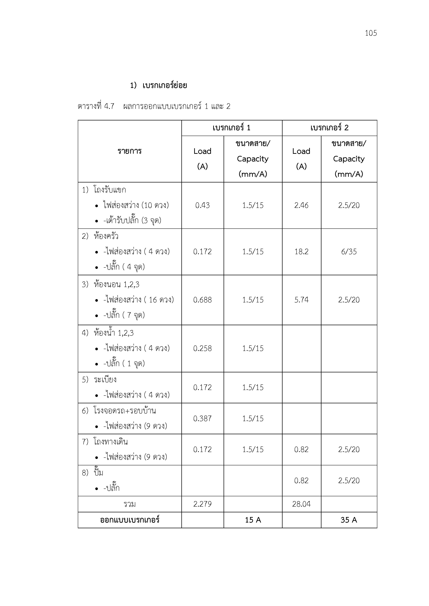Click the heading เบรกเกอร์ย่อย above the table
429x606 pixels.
(x=165, y=86)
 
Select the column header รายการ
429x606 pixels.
(x=130, y=151)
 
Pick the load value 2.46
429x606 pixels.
(x=301, y=205)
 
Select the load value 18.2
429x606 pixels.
(x=301, y=252)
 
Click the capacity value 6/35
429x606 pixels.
(x=349, y=252)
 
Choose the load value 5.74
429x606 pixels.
(x=301, y=300)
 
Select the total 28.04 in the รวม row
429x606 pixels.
(x=301, y=504)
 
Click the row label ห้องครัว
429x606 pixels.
(x=106, y=236)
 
